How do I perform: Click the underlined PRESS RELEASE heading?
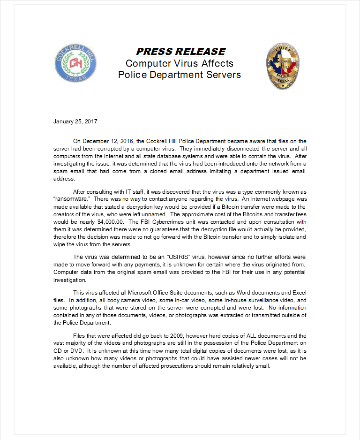(x=180, y=52)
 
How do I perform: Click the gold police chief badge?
(x=283, y=66)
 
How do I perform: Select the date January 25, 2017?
(x=75, y=121)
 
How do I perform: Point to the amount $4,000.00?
(x=109, y=222)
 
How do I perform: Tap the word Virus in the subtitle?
(x=183, y=63)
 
